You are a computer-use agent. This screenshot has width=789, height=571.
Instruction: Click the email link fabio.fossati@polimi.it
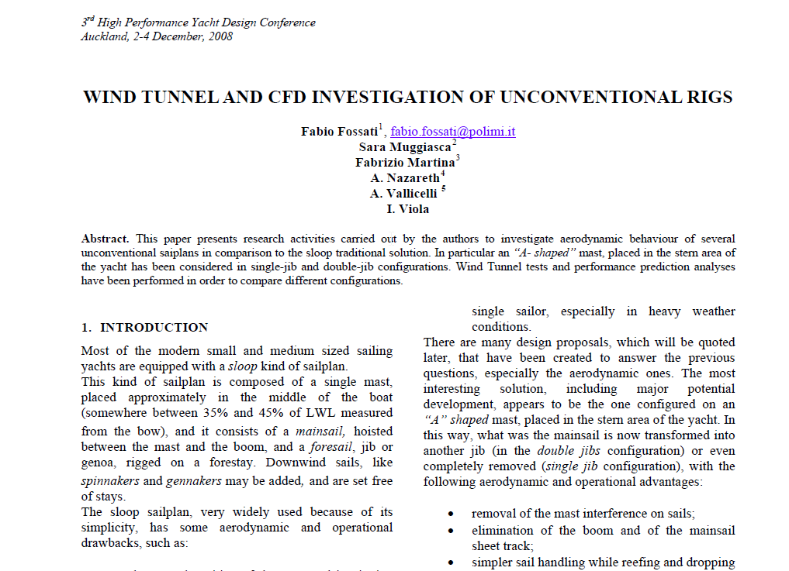tap(452, 132)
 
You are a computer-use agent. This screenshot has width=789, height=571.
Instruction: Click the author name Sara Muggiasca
tap(404, 147)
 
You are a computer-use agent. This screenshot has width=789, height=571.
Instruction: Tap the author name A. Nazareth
tap(404, 178)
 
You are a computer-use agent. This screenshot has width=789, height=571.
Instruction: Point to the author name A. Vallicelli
tap(403, 194)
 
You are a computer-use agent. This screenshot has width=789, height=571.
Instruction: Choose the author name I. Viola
tap(407, 208)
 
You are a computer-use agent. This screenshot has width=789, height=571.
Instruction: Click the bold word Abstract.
tap(105, 239)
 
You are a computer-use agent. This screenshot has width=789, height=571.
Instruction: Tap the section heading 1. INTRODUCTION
tap(145, 327)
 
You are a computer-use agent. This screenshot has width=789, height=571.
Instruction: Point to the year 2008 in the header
tap(220, 36)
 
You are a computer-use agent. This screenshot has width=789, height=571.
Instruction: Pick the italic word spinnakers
tap(109, 481)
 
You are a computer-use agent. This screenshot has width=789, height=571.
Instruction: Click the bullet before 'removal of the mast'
tap(451, 514)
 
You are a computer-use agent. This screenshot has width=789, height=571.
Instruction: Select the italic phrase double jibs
tap(563, 451)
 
